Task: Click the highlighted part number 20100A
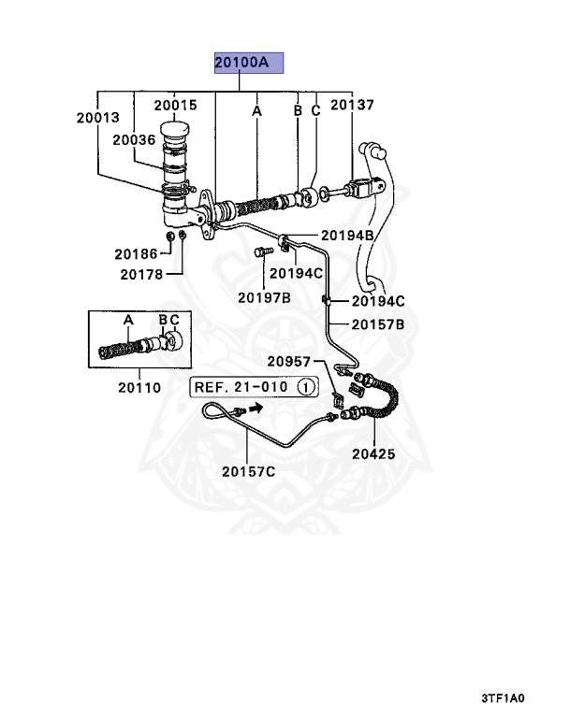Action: [241, 64]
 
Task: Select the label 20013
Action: [99, 118]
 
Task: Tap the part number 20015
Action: [175, 106]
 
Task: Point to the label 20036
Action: [134, 139]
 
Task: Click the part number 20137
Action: [352, 106]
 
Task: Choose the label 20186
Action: [138, 253]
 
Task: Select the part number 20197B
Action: [264, 297]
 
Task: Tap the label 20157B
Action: [377, 324]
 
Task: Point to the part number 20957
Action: [291, 361]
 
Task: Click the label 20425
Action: [374, 454]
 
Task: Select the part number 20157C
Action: [248, 470]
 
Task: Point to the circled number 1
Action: [306, 386]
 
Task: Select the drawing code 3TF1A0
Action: [504, 698]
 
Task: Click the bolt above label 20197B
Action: [261, 251]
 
